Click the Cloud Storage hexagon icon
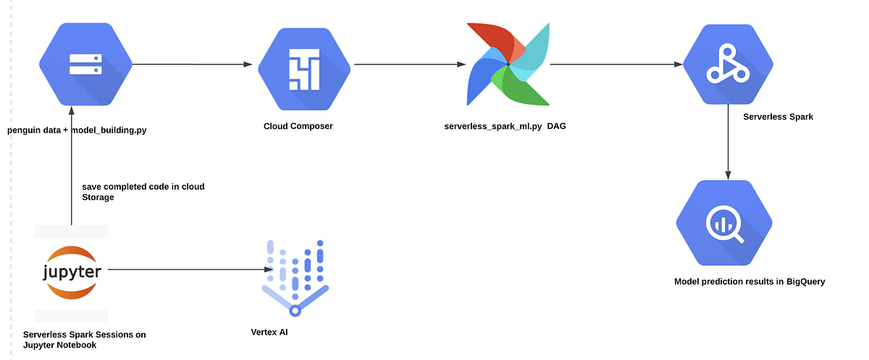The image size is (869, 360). click(x=85, y=64)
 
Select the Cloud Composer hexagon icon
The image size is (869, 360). click(x=304, y=65)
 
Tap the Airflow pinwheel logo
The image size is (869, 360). click(x=508, y=64)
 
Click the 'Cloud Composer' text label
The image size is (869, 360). click(x=298, y=126)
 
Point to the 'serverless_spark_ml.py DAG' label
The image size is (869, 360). click(x=505, y=126)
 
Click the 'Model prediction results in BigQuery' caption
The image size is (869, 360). click(x=750, y=282)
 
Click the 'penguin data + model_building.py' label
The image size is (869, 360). click(x=77, y=130)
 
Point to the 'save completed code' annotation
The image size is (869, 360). click(x=143, y=191)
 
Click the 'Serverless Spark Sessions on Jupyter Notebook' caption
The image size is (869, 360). click(x=84, y=340)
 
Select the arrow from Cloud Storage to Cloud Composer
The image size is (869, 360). click(x=193, y=64)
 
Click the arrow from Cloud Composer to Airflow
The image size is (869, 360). click(x=409, y=64)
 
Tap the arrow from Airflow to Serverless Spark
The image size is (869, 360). click(x=616, y=64)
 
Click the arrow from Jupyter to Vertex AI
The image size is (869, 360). click(x=185, y=270)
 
